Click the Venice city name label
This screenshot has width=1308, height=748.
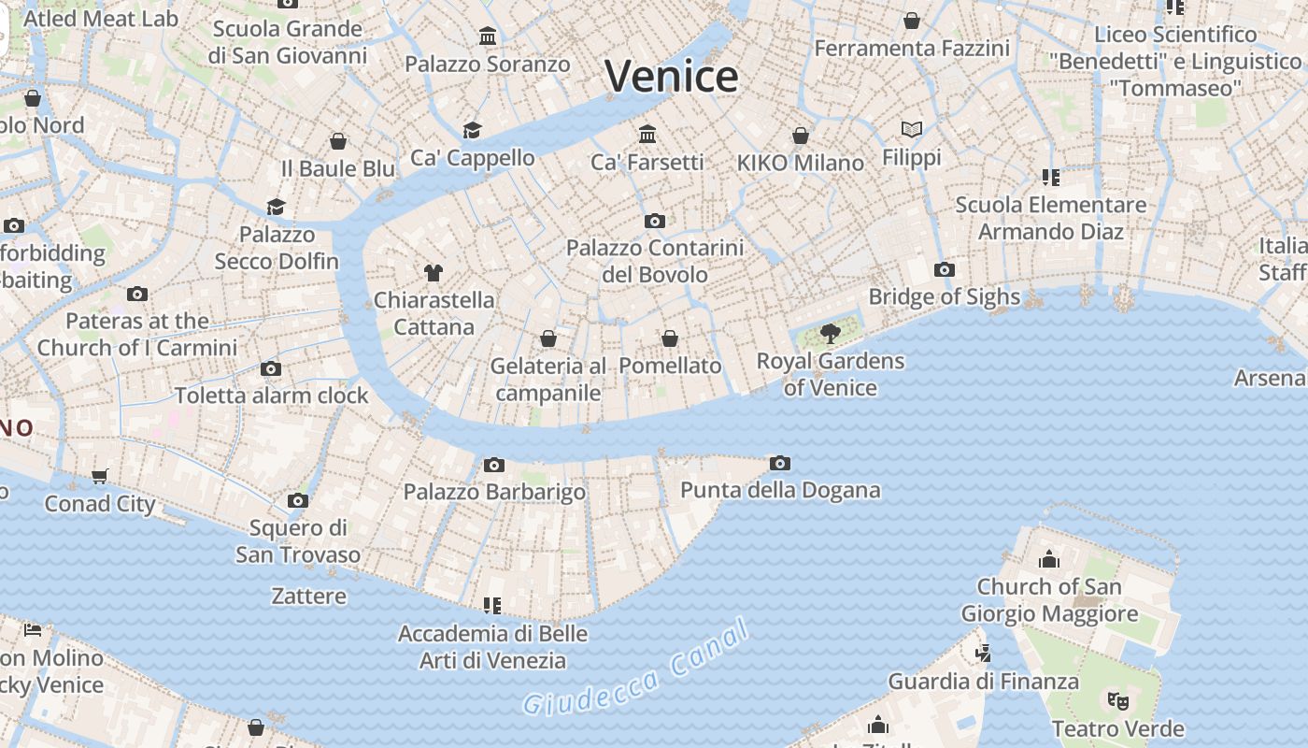pos(672,76)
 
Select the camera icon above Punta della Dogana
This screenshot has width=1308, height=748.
pos(780,463)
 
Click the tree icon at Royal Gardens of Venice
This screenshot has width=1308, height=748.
pos(830,333)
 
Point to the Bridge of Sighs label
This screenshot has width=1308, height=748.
pos(944,296)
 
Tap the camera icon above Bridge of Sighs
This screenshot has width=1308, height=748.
pos(945,269)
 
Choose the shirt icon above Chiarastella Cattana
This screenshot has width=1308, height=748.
pos(434,273)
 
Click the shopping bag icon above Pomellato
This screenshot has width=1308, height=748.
pos(670,338)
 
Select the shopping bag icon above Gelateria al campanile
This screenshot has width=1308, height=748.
pos(548,338)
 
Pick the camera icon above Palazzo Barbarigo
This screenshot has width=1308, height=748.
pos(494,465)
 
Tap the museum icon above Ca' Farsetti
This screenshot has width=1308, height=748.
pos(647,135)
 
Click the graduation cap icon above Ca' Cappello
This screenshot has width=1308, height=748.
pos(472,130)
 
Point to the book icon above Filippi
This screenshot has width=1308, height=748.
pos(912,129)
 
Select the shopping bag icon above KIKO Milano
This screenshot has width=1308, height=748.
pos(801,136)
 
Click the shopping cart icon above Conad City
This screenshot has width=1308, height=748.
pos(100,476)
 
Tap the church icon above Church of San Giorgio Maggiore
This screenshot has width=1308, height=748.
pos(1049,559)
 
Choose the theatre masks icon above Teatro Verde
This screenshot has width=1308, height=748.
pos(1115,699)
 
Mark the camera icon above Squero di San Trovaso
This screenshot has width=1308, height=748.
pos(298,500)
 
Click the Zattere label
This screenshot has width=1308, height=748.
pos(308,596)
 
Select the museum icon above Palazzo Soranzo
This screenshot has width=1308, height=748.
pos(488,36)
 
